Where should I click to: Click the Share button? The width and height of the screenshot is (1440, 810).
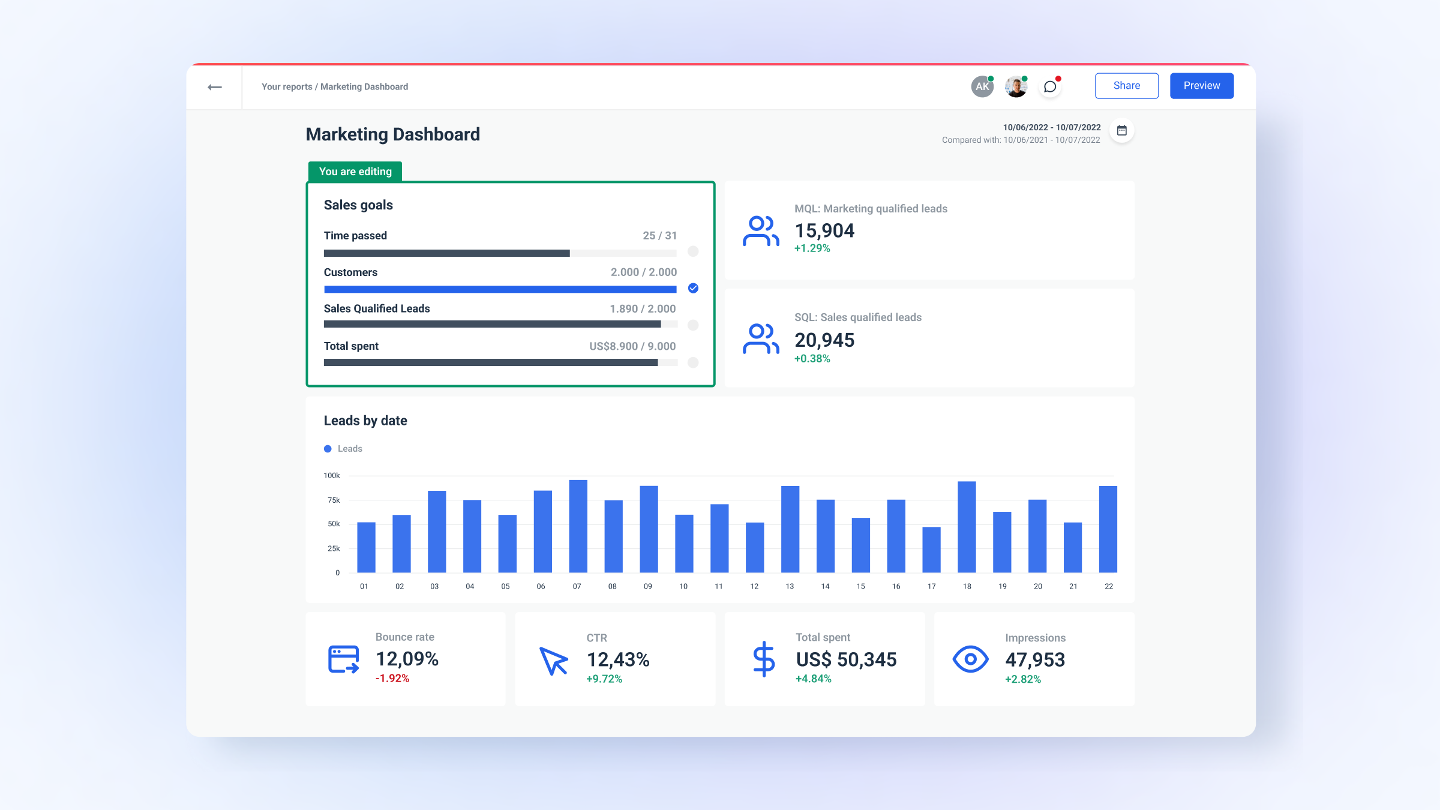click(1126, 86)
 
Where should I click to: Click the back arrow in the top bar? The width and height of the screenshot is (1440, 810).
click(214, 88)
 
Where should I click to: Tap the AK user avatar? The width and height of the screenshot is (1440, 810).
click(982, 87)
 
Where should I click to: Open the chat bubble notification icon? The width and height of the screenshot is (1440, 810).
click(1049, 87)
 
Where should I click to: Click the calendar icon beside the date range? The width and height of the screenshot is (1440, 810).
click(1121, 131)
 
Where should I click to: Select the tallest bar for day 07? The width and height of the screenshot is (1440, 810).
click(578, 526)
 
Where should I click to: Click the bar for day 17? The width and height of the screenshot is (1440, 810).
click(931, 550)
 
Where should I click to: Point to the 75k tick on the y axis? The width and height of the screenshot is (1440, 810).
click(334, 500)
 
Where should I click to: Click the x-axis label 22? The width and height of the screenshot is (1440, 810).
click(1108, 587)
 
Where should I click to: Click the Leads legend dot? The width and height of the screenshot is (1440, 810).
click(328, 449)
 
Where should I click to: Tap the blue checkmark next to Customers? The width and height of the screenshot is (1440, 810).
click(693, 289)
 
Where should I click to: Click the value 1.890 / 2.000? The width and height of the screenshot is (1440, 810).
click(642, 309)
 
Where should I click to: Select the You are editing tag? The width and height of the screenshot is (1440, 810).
click(355, 172)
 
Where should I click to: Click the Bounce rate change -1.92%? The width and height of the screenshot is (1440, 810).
click(392, 679)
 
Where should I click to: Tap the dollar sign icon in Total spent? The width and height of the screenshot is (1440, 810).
click(764, 659)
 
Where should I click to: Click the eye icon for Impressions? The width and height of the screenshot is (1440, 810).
click(970, 659)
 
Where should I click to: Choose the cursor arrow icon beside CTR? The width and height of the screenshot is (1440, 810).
click(553, 661)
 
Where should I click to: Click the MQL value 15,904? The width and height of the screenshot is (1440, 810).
click(824, 231)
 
